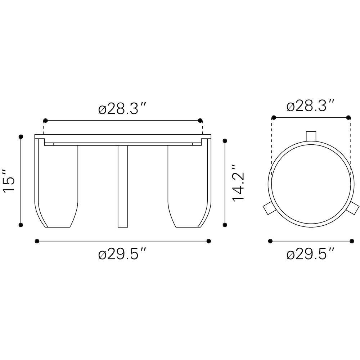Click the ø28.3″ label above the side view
click(x=122, y=108)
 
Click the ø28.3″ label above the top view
click(x=310, y=105)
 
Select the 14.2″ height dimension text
click(x=238, y=183)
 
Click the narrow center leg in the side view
click(x=123, y=186)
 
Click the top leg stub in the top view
click(x=311, y=136)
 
